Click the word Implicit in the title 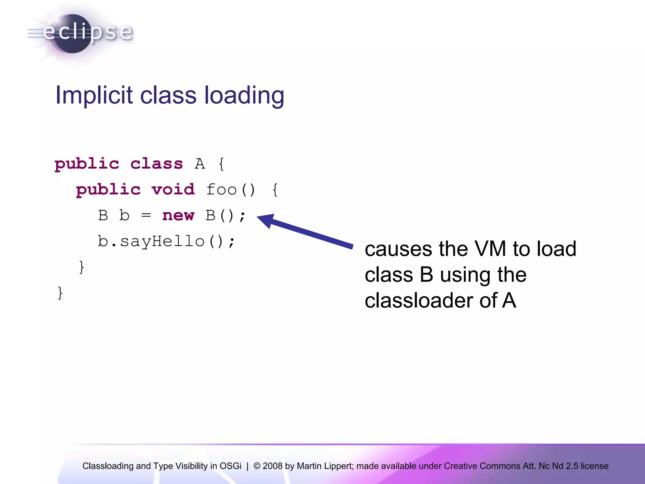click(94, 95)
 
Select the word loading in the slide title click(244, 96)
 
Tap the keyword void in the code click(173, 190)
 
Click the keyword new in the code click(178, 216)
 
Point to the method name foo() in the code click(231, 190)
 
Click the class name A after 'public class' click(200, 164)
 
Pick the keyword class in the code click(157, 164)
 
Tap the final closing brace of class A click(60, 293)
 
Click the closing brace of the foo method click(82, 267)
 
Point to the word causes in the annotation click(398, 249)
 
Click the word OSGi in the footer click(231, 466)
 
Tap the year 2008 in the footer click(272, 466)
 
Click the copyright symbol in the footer click(257, 466)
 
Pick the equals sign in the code click(146, 216)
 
